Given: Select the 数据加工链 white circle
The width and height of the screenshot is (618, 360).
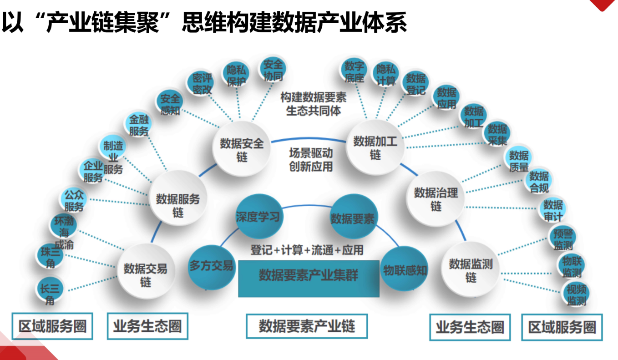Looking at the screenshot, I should click(x=375, y=147).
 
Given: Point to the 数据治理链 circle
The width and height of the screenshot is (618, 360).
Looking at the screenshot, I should click(x=436, y=199).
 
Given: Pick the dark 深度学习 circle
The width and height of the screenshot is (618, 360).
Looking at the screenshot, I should click(x=258, y=217).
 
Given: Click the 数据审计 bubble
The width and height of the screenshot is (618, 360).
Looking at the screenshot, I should click(x=553, y=210).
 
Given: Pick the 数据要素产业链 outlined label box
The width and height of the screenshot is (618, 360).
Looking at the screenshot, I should click(x=307, y=326).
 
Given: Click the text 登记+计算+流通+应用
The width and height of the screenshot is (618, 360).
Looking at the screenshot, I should click(x=307, y=250).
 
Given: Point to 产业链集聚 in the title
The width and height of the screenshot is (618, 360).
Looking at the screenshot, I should click(x=104, y=23).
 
